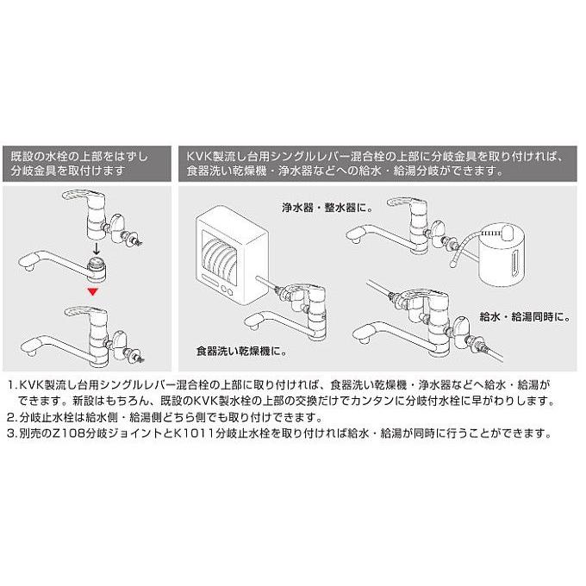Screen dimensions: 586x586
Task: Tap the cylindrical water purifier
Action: [x=503, y=255]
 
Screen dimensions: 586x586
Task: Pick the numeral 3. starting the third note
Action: [x=11, y=433]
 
